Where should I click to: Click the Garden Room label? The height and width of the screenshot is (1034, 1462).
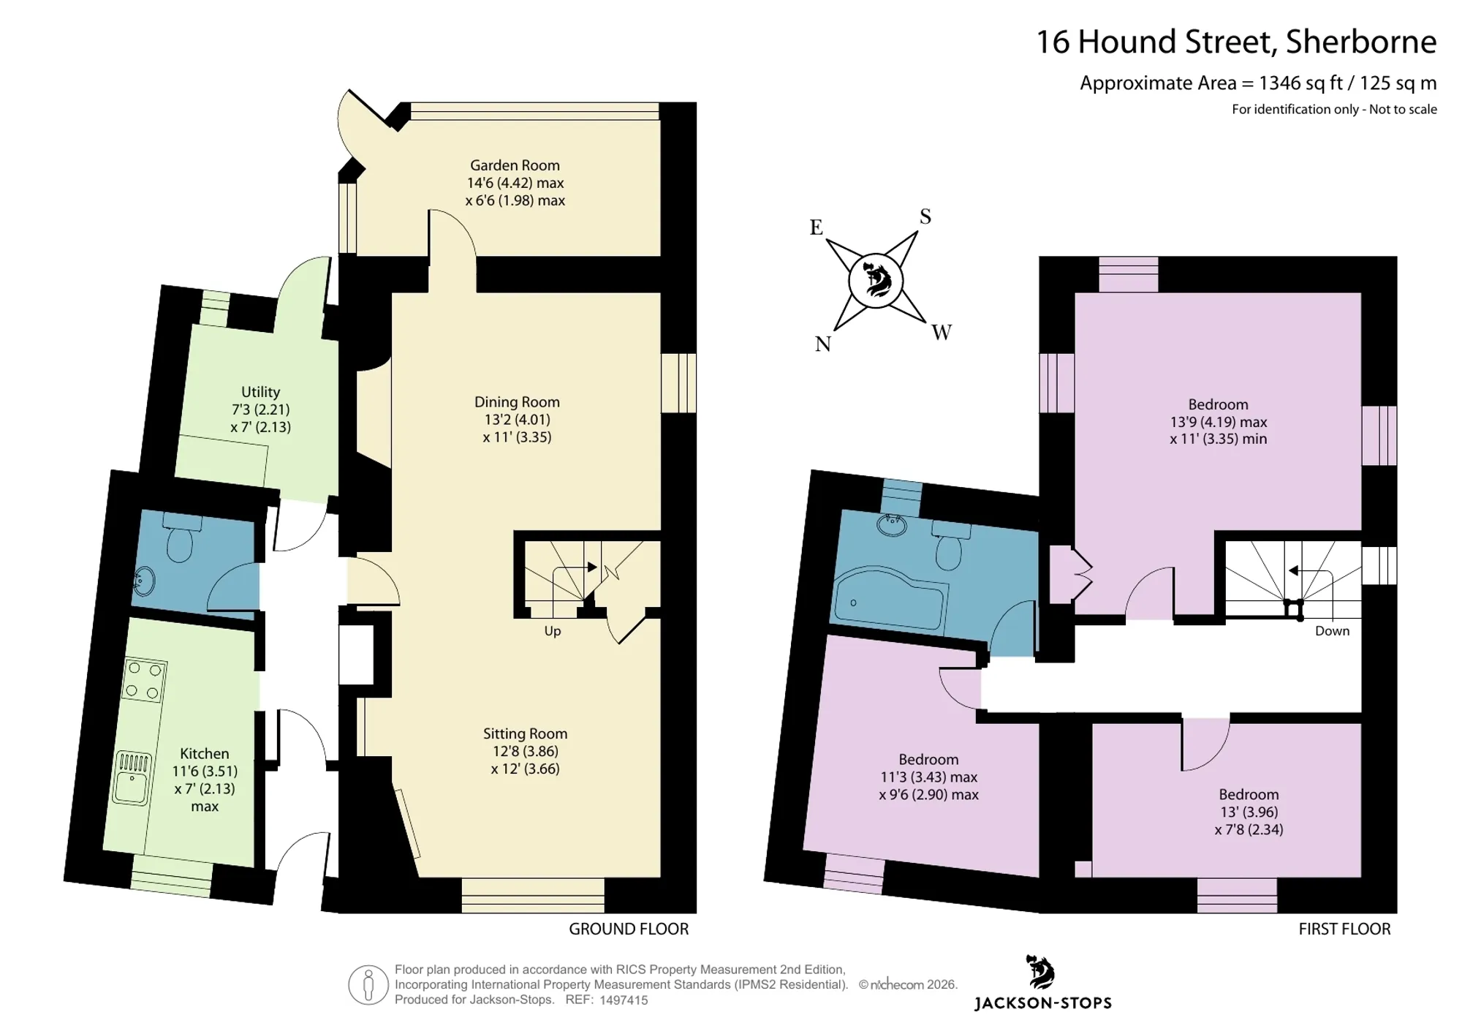515,165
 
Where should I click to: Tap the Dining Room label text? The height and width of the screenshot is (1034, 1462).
517,401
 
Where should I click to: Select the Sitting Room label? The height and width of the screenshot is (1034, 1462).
525,733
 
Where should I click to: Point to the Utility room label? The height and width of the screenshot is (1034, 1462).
261,392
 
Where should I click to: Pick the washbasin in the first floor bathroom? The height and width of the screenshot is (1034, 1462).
892,524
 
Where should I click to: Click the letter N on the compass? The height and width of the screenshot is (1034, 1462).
823,344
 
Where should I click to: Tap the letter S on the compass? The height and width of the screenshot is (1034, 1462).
925,216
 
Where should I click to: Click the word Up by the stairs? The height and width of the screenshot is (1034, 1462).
553,631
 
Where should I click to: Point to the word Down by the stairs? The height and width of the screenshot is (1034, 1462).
1332,631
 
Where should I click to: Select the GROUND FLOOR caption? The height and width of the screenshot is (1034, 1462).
629,929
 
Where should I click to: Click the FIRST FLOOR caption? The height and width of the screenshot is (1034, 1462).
1344,929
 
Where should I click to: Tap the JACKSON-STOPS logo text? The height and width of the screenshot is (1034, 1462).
1043,1003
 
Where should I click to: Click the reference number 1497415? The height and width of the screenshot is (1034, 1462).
624,1000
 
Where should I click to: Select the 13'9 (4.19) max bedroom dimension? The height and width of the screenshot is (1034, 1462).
1219,422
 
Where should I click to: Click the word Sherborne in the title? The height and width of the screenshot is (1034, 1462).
1361,42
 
